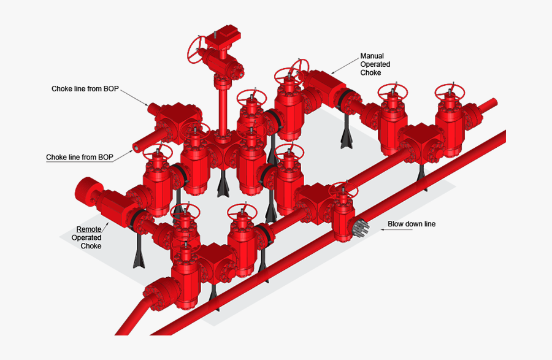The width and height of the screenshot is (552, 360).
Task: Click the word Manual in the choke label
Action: coord(372,56)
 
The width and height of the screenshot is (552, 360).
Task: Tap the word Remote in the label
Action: coord(89,229)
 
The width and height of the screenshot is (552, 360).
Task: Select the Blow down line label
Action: coord(412,224)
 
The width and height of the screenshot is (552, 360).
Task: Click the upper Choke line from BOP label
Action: coord(85,89)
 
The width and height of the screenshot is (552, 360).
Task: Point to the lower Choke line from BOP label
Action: coord(80,157)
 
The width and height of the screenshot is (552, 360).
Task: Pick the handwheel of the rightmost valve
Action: coord(450,92)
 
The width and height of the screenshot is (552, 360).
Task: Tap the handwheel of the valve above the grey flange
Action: coord(343,190)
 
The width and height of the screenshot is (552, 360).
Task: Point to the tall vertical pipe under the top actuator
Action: coord(223,110)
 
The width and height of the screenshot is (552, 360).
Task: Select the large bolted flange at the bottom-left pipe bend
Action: coord(158,294)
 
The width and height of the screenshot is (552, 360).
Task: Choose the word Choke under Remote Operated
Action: coord(91,246)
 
